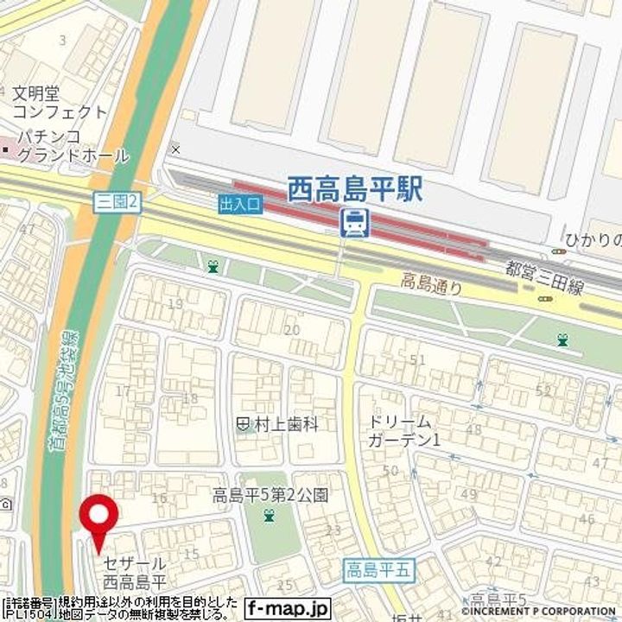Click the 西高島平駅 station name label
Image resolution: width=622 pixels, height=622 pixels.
pos(355,188)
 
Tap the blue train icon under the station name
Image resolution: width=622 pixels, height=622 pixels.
pos(354,224)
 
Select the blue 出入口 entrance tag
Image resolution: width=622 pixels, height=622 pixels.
pos(238,205)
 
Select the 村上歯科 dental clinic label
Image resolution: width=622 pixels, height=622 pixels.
pos(278,424)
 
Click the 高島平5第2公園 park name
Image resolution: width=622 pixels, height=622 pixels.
pos(272,496)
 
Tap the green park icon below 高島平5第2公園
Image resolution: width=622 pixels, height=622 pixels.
pos(270,517)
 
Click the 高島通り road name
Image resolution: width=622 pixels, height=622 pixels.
pos(431,282)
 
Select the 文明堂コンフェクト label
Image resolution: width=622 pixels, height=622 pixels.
pos(60,102)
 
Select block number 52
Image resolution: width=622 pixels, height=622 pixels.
pos(543,390)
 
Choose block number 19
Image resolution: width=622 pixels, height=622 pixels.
pos(175,303)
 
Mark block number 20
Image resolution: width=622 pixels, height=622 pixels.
pos(292,329)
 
